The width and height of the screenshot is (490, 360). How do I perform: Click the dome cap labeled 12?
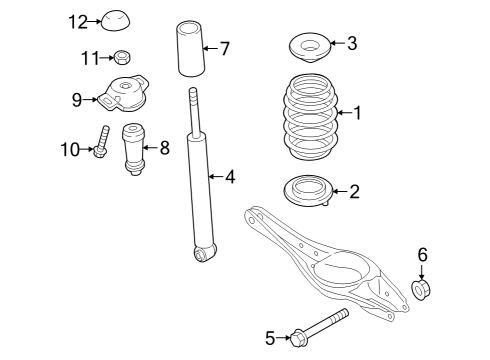click(x=115, y=21)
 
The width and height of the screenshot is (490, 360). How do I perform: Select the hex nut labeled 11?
click(x=122, y=57)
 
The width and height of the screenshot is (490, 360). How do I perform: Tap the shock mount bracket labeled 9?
click(x=124, y=93)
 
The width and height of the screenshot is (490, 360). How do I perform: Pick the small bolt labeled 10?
click(x=101, y=142)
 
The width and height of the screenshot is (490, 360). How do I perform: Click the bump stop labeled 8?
click(x=134, y=149)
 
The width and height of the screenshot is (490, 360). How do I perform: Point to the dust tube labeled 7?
click(x=191, y=49)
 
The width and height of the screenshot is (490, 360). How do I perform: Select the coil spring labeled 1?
click(x=311, y=116)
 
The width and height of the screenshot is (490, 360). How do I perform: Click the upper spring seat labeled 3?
click(x=310, y=48)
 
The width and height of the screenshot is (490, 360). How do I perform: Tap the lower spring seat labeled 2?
click(x=308, y=191)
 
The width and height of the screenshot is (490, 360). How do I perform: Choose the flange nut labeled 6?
click(x=421, y=290)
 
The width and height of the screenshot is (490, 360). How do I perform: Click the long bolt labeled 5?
click(x=319, y=328)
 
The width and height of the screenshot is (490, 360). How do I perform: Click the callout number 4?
click(x=230, y=177)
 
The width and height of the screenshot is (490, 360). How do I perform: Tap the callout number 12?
click(x=78, y=22)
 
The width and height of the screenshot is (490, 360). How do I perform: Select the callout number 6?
click(x=422, y=255)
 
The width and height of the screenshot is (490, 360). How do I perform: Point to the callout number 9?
click(x=77, y=99)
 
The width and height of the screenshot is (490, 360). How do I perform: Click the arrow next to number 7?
click(x=210, y=49)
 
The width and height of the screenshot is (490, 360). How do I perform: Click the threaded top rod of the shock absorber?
click(x=195, y=111)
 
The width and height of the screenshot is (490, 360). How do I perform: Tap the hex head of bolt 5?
click(x=298, y=339)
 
